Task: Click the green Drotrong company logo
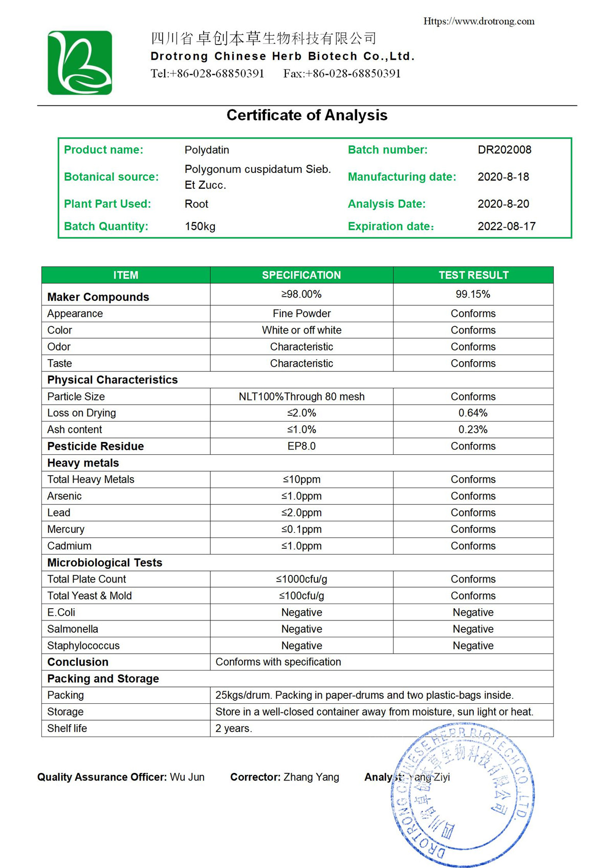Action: click(x=80, y=63)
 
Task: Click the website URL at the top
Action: click(x=478, y=21)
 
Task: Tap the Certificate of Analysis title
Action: click(x=307, y=115)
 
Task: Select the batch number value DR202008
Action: click(x=504, y=150)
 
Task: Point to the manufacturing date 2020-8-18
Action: click(x=503, y=177)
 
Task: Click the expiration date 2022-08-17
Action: click(x=506, y=226)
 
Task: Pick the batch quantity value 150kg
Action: click(x=200, y=226)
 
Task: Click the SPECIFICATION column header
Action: click(x=301, y=275)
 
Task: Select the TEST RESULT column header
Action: click(x=473, y=275)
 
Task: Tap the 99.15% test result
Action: click(x=473, y=294)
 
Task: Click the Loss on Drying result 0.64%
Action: click(x=473, y=413)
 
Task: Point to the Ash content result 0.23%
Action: click(x=473, y=430)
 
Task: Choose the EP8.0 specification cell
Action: click(x=301, y=446)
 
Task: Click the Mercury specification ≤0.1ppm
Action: click(x=301, y=529)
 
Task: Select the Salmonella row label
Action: click(x=73, y=629)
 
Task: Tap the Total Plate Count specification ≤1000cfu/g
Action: click(x=301, y=579)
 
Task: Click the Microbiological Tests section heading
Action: click(x=104, y=563)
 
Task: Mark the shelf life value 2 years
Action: click(x=233, y=728)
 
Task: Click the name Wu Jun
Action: click(x=187, y=777)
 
